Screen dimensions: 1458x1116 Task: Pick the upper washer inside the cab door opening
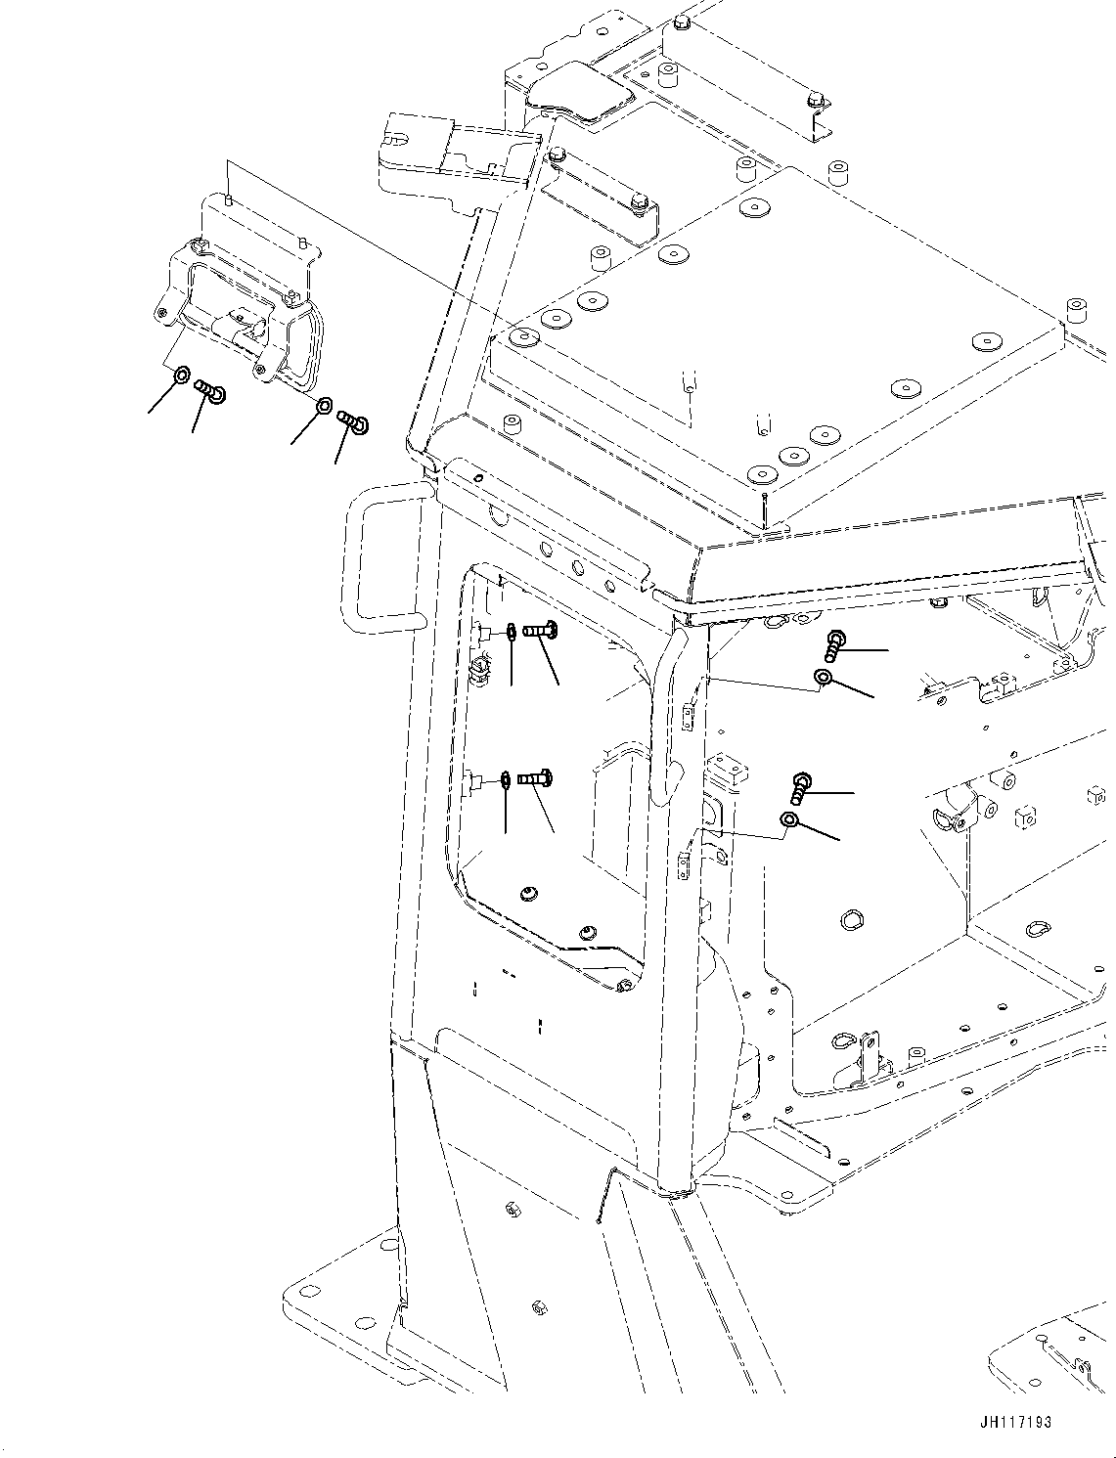click(x=512, y=633)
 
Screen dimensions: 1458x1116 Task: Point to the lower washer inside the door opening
click(x=505, y=779)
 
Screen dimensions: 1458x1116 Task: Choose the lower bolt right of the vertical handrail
click(x=800, y=786)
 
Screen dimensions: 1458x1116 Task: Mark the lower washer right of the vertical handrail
click(x=789, y=818)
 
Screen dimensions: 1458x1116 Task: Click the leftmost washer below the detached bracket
click(x=182, y=376)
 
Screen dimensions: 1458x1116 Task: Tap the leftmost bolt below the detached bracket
click(x=210, y=390)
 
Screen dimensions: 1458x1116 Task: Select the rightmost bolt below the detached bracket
click(x=353, y=422)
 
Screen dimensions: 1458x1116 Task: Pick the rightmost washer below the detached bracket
click(x=325, y=405)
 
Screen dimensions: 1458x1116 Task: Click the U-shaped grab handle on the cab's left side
click(x=386, y=558)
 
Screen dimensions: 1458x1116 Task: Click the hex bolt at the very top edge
click(x=683, y=22)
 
